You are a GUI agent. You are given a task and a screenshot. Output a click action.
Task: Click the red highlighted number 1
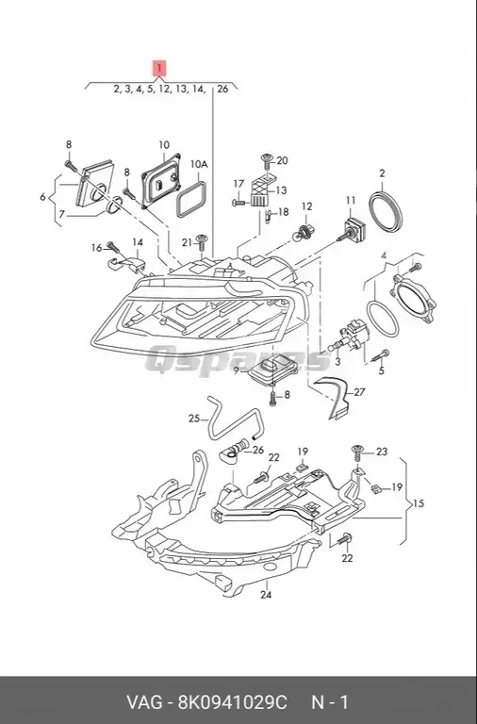point(159,68)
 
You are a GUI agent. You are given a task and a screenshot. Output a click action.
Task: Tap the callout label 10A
point(198,164)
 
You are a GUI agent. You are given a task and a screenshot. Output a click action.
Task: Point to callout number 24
point(265,595)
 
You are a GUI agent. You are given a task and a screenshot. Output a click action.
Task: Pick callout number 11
point(350,201)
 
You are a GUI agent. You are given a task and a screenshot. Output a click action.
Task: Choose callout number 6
point(42,197)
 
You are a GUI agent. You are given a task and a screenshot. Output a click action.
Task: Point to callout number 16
point(96,248)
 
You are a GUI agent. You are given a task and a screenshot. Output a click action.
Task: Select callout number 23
point(381,452)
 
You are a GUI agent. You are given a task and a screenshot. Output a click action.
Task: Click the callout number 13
point(281,189)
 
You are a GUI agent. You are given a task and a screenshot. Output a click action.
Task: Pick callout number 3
point(337,361)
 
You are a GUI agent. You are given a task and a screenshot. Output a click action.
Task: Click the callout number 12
point(306,206)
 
